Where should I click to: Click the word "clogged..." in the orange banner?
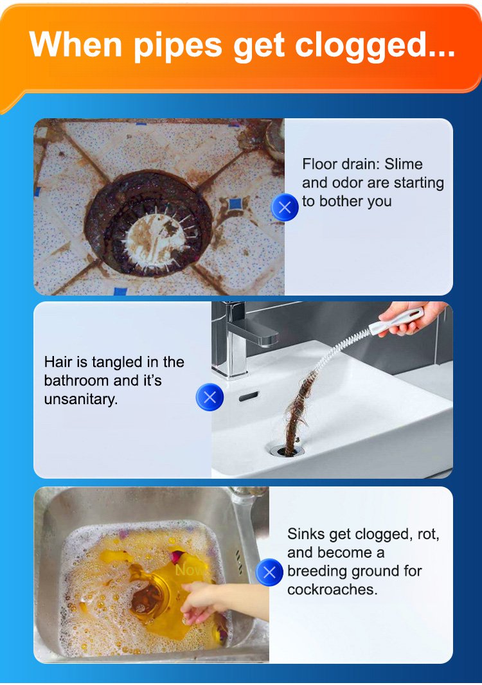375,46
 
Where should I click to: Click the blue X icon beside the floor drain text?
285,207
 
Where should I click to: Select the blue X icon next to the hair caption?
210,396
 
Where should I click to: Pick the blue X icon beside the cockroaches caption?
270,572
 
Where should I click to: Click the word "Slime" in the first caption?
404,164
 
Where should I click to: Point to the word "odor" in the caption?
348,182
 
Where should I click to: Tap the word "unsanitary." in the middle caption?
81,400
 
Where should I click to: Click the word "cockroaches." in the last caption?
332,589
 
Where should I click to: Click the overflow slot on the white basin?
249,396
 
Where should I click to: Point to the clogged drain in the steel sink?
147,597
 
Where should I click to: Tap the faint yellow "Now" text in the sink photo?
189,570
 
